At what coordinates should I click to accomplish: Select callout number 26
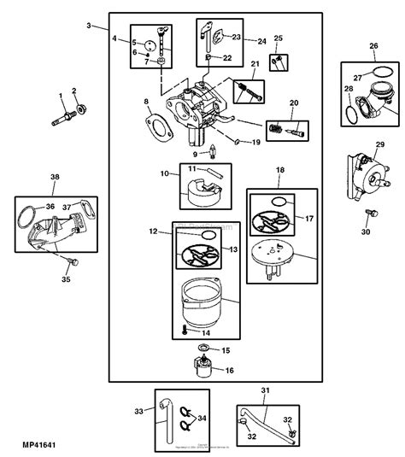coord(373,46)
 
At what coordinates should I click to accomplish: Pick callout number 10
coord(163,174)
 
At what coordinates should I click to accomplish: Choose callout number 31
coord(264,391)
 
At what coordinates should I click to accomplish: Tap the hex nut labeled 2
coord(80,108)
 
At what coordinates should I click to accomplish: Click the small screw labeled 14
coord(183,327)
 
